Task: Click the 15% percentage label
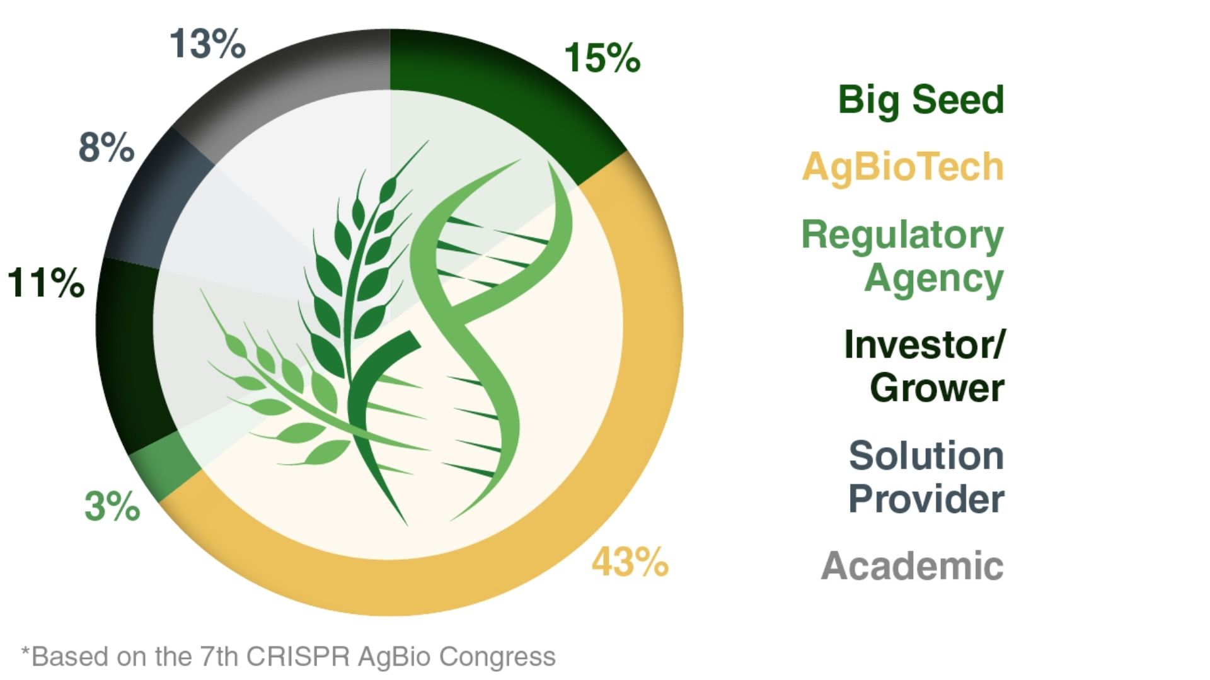coord(602,59)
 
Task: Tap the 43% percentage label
coord(629,562)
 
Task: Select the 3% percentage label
coord(112,506)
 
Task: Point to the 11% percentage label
coord(46,283)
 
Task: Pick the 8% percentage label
coord(106,147)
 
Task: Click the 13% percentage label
coord(207,45)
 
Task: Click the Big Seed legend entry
coord(920,100)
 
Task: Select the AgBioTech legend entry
coord(902,167)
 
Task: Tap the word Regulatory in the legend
coord(902,236)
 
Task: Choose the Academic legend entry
coord(912,565)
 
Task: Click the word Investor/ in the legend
coord(924,345)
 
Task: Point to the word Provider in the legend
coord(926,499)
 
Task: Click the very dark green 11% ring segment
coord(126,353)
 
